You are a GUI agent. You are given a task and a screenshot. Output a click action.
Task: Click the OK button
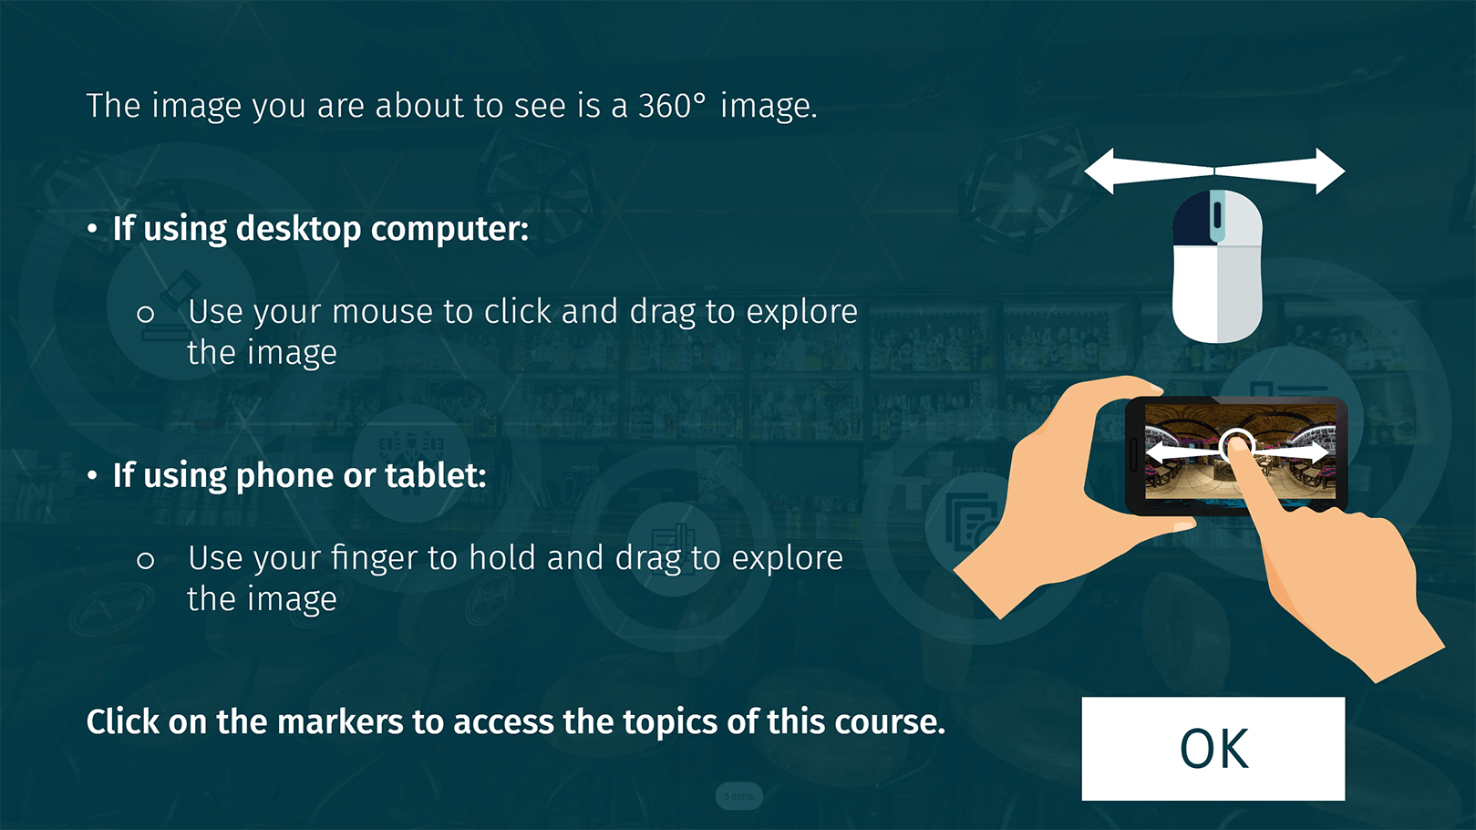tap(1213, 749)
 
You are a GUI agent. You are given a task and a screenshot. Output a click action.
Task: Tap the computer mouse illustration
tap(1217, 266)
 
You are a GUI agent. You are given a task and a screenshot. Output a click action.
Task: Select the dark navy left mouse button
tap(1192, 219)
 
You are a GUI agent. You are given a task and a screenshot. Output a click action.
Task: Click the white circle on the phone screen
tap(1237, 446)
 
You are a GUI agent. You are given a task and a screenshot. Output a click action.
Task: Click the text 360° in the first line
tap(671, 106)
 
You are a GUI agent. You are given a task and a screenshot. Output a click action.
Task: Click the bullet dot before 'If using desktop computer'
tap(92, 229)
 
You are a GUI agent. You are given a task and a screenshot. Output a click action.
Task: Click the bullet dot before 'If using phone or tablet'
tap(92, 475)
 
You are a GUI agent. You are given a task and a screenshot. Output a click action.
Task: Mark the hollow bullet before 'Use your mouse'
tap(146, 314)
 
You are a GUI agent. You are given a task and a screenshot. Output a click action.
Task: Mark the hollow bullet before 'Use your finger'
tap(146, 560)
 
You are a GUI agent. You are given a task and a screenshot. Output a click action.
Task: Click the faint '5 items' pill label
tap(738, 795)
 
